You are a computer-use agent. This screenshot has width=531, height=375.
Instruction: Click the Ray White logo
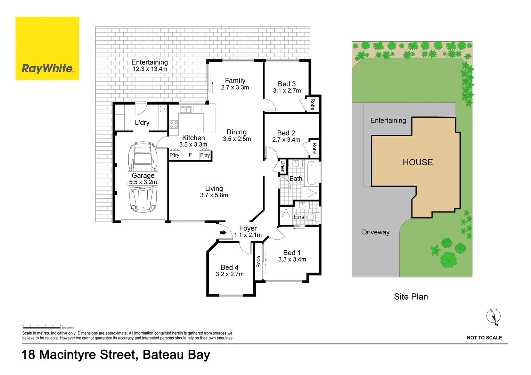[47, 49]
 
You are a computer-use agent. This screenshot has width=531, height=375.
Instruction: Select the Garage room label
[143, 175]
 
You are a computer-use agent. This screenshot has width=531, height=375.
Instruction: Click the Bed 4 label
[229, 267]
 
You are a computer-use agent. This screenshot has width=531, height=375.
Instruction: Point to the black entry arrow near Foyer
[223, 233]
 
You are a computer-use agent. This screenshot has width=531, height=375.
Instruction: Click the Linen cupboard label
[283, 166]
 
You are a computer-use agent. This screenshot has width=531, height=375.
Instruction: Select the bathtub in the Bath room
[312, 173]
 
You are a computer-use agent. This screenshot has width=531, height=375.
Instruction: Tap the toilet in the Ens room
[310, 217]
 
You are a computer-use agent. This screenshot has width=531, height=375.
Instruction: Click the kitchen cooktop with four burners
[173, 124]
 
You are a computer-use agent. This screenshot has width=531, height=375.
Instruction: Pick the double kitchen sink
[186, 110]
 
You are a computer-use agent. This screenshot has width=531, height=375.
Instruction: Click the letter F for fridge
[190, 155]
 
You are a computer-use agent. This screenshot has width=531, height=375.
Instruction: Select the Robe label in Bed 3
[312, 104]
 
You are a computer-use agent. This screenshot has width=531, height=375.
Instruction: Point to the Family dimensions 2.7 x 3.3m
[235, 87]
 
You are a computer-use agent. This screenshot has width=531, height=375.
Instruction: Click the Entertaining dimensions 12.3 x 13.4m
[150, 69]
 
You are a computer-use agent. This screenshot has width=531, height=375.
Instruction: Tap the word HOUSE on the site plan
[418, 162]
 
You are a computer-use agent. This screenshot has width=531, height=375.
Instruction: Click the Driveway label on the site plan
[376, 232]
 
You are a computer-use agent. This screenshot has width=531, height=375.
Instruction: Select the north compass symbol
[493, 316]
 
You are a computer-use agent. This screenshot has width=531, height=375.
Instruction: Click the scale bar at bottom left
[42, 327]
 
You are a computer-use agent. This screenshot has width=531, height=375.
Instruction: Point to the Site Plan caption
[411, 297]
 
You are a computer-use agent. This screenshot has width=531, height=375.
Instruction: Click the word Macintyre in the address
[68, 355]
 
